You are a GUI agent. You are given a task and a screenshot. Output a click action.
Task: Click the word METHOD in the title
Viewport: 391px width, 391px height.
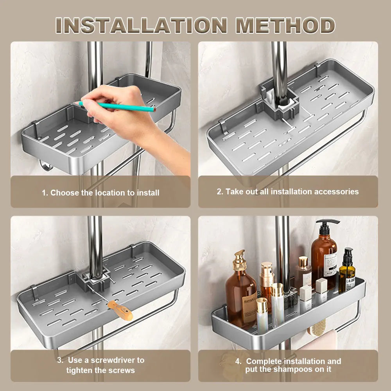pos(287,25)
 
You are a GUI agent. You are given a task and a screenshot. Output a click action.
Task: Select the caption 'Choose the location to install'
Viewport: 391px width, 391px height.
pos(104,192)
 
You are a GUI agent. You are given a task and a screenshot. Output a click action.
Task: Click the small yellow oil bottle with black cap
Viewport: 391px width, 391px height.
pos(346,272)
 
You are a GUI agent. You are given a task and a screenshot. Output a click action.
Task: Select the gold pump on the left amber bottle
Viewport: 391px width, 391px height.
pos(239,261)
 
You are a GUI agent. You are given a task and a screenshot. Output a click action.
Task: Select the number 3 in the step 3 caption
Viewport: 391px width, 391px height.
pos(59,360)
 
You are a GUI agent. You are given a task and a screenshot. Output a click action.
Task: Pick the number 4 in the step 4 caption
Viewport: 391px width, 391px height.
pos(238,362)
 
